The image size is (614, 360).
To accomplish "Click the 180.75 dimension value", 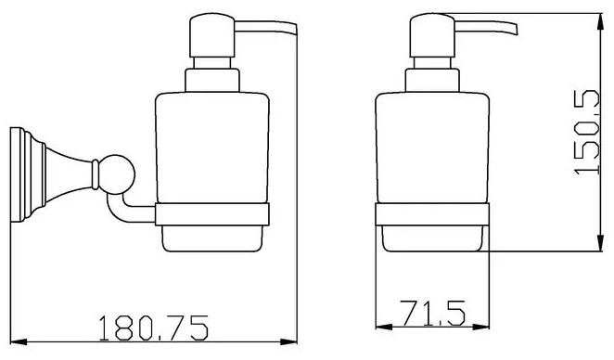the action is (154, 328).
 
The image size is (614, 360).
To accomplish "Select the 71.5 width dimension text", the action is (432, 313).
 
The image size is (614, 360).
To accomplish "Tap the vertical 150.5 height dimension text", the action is (587, 132).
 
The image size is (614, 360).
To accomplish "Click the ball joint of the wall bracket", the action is (116, 174).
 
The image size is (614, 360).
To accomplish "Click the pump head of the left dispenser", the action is (211, 35).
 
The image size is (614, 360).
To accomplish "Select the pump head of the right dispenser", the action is (432, 35).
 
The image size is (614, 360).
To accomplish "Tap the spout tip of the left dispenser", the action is (295, 31).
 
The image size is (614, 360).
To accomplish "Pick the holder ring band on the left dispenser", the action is (212, 214).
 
